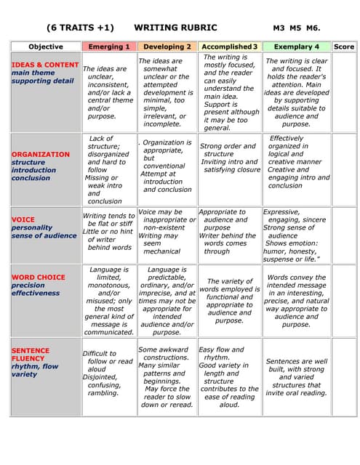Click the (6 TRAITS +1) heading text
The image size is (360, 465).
coord(80,28)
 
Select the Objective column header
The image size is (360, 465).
coord(45,46)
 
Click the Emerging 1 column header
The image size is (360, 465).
coord(109,46)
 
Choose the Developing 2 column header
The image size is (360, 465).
coord(167,46)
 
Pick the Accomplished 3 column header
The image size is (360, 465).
coord(229,46)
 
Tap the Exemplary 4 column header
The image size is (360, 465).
coord(296,46)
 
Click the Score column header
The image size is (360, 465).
coord(344,46)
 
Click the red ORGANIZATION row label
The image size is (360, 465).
coord(39,154)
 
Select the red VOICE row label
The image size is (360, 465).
coord(23,219)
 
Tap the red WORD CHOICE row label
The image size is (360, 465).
coord(39,277)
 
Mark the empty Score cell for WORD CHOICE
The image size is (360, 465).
coord(344,300)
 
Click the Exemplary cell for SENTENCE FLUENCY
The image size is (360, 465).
coord(296,376)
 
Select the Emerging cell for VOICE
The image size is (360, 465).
coord(109,232)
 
